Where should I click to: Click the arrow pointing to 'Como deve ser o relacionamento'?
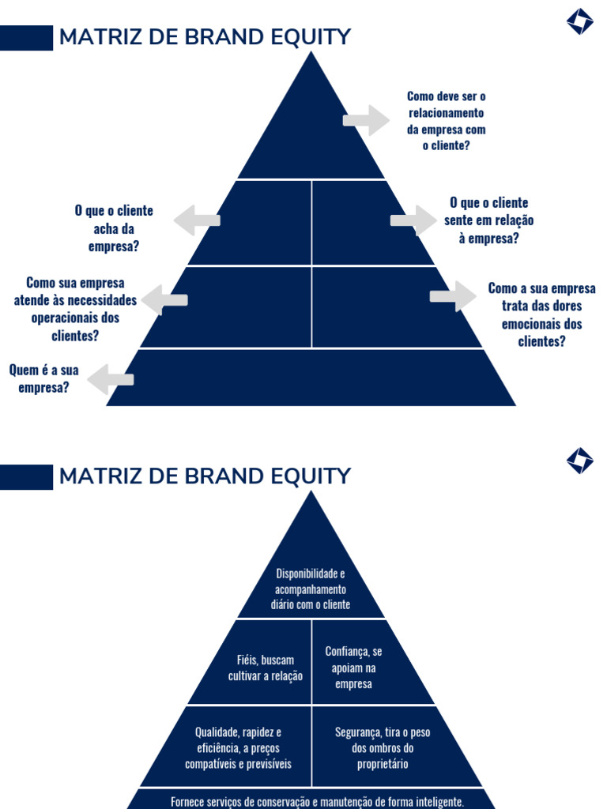[x=366, y=120]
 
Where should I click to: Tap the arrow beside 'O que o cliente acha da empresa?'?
[x=197, y=220]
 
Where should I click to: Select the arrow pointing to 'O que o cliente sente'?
[x=413, y=220]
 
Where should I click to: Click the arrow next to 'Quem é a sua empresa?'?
[x=111, y=379]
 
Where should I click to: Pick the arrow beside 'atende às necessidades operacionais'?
[x=164, y=300]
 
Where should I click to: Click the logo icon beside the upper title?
[x=579, y=21]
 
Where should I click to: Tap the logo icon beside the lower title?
[x=579, y=461]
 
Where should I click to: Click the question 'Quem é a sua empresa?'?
[x=44, y=378]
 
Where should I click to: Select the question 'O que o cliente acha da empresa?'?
[x=114, y=229]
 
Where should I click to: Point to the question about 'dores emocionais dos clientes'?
[x=541, y=314]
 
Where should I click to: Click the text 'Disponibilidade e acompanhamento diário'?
[x=311, y=589]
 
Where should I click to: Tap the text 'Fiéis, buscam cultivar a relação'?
[x=266, y=668]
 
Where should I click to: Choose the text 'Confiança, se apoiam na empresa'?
[x=353, y=668]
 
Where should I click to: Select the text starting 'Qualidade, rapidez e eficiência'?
[x=238, y=748]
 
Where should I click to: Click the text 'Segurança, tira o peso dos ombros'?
[x=383, y=748]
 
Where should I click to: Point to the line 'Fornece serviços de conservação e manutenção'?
[x=317, y=801]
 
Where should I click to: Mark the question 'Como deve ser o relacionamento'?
[x=447, y=121]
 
